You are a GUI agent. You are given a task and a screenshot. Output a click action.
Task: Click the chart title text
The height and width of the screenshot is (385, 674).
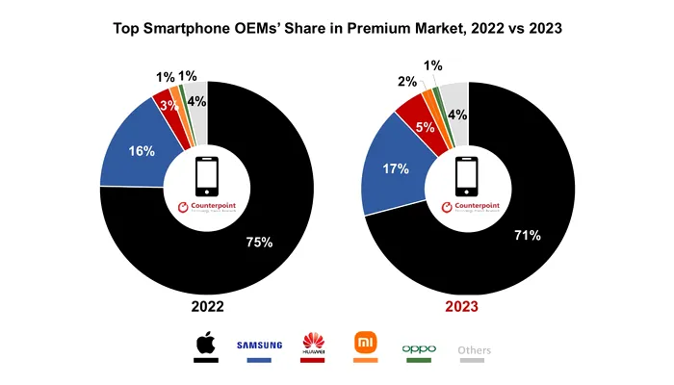coord(337,29)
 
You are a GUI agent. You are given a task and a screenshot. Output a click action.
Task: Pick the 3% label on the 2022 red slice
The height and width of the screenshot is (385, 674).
coord(169,106)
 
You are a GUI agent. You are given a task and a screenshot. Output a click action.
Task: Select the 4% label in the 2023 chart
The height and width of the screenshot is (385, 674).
coord(456,115)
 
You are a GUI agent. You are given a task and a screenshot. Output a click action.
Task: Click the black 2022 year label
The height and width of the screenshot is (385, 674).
coord(207,307)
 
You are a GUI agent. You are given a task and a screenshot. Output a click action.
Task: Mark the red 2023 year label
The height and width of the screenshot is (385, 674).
coord(468,307)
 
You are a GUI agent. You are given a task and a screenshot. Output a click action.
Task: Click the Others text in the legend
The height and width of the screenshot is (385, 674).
coord(474,349)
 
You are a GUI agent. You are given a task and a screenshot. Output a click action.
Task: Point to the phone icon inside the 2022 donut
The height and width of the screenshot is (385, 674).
coord(207,177)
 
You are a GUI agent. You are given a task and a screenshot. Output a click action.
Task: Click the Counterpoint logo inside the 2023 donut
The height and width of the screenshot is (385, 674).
coord(468,208)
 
